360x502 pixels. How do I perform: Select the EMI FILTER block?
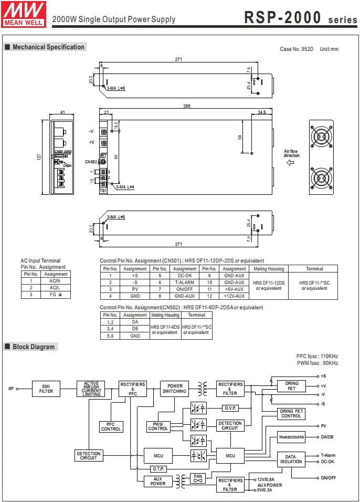(x=46, y=389)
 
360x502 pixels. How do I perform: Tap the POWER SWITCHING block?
(x=174, y=389)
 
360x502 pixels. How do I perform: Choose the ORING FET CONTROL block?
(x=291, y=414)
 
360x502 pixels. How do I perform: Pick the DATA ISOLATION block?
(x=291, y=459)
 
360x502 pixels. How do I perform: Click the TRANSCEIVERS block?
(x=291, y=437)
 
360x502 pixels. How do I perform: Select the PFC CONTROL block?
(x=111, y=427)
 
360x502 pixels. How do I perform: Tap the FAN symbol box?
(x=198, y=478)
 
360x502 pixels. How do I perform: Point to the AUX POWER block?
(x=158, y=482)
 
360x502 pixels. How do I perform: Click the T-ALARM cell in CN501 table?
(x=185, y=282)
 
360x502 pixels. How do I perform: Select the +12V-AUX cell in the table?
(x=234, y=296)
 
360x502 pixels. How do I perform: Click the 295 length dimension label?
(x=186, y=106)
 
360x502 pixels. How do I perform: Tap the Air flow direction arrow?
(x=290, y=162)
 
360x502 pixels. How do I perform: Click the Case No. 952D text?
(x=297, y=49)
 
